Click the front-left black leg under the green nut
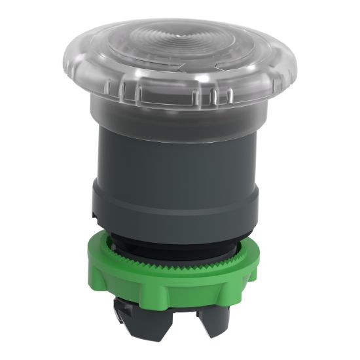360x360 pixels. coord(157,327)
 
